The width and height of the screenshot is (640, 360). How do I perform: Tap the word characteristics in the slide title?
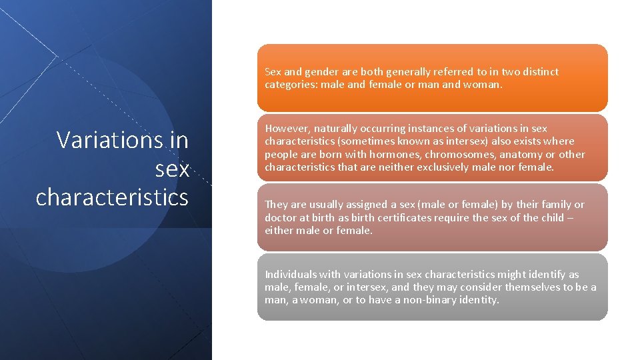[112, 197]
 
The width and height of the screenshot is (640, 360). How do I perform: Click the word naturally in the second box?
[338, 128]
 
